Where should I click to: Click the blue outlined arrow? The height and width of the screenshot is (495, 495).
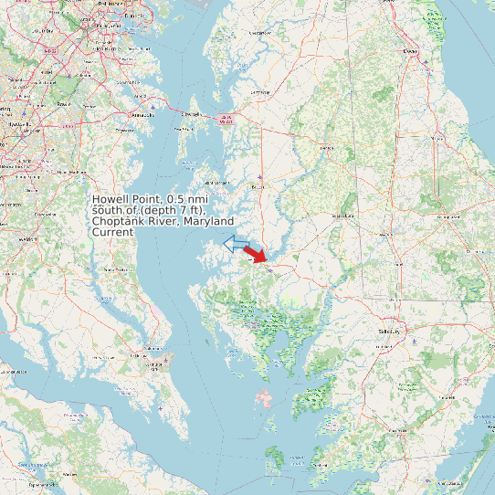(x=237, y=243)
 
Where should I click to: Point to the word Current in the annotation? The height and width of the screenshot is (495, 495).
(x=113, y=232)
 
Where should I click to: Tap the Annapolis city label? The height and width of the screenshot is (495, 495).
(x=142, y=115)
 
